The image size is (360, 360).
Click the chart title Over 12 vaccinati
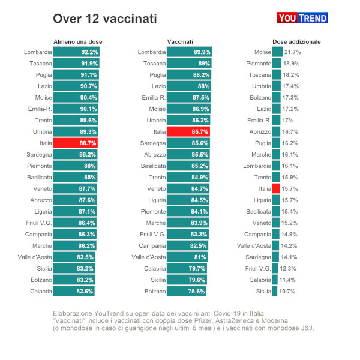tap(105, 19)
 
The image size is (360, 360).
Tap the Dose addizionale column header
tap(296, 41)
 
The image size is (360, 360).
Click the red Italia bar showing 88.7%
tap(76, 143)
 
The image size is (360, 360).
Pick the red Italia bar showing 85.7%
tap(188, 131)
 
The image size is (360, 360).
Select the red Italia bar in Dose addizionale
tap(276, 188)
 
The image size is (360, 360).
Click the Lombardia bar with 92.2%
tap(76, 52)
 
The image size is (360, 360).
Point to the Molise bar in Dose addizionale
tap(277, 52)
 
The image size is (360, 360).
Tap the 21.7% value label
tap(292, 52)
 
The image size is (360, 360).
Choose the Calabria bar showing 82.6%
tap(74, 291)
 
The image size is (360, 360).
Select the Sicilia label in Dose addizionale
tap(263, 291)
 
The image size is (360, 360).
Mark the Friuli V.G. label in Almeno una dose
tap(37, 223)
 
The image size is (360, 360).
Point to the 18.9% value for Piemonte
tap(292, 64)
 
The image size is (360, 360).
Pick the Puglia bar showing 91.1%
tap(76, 75)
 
